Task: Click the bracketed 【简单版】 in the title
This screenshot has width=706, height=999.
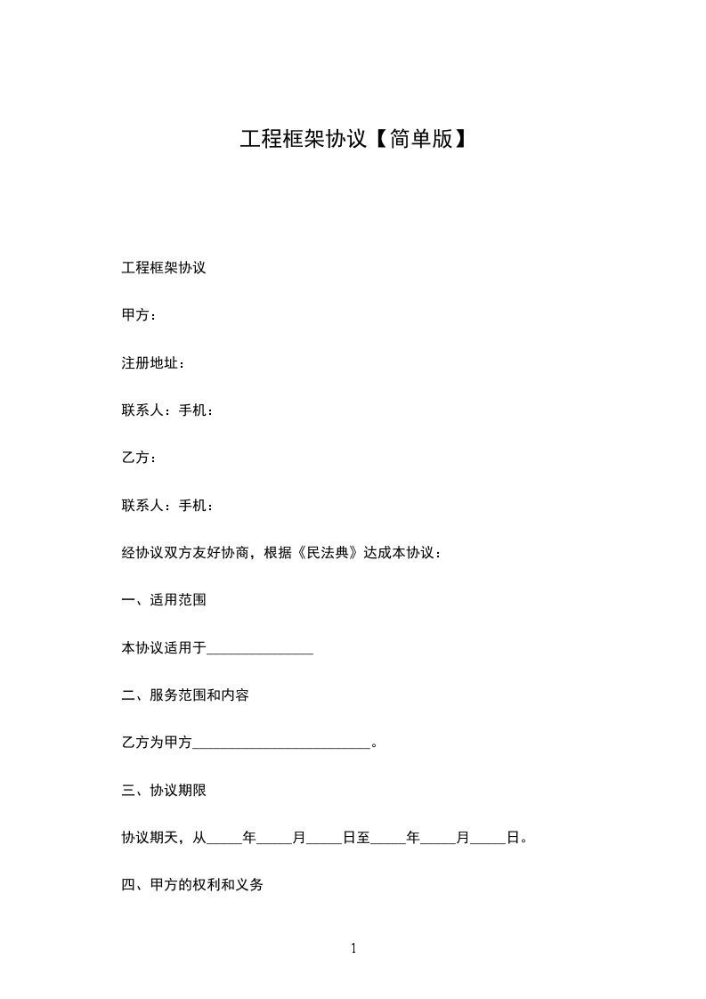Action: click(x=417, y=139)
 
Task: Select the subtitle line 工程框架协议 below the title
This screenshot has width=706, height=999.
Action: click(x=164, y=268)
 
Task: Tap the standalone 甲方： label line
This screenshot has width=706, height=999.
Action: click(x=140, y=315)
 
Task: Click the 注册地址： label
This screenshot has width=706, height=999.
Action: click(x=153, y=363)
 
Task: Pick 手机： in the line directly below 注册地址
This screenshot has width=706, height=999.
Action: click(x=196, y=410)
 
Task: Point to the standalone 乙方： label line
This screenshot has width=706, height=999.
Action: click(x=140, y=458)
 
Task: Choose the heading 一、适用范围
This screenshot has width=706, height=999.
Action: click(x=164, y=600)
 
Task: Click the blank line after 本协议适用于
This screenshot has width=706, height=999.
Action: click(x=260, y=650)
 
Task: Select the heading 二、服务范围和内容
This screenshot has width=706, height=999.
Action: click(x=185, y=695)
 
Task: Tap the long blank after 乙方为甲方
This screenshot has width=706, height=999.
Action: click(x=281, y=744)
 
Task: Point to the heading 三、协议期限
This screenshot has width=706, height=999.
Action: click(x=164, y=791)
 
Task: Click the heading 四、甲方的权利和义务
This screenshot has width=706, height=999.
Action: click(x=192, y=886)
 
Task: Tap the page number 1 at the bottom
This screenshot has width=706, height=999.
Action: click(x=353, y=949)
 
